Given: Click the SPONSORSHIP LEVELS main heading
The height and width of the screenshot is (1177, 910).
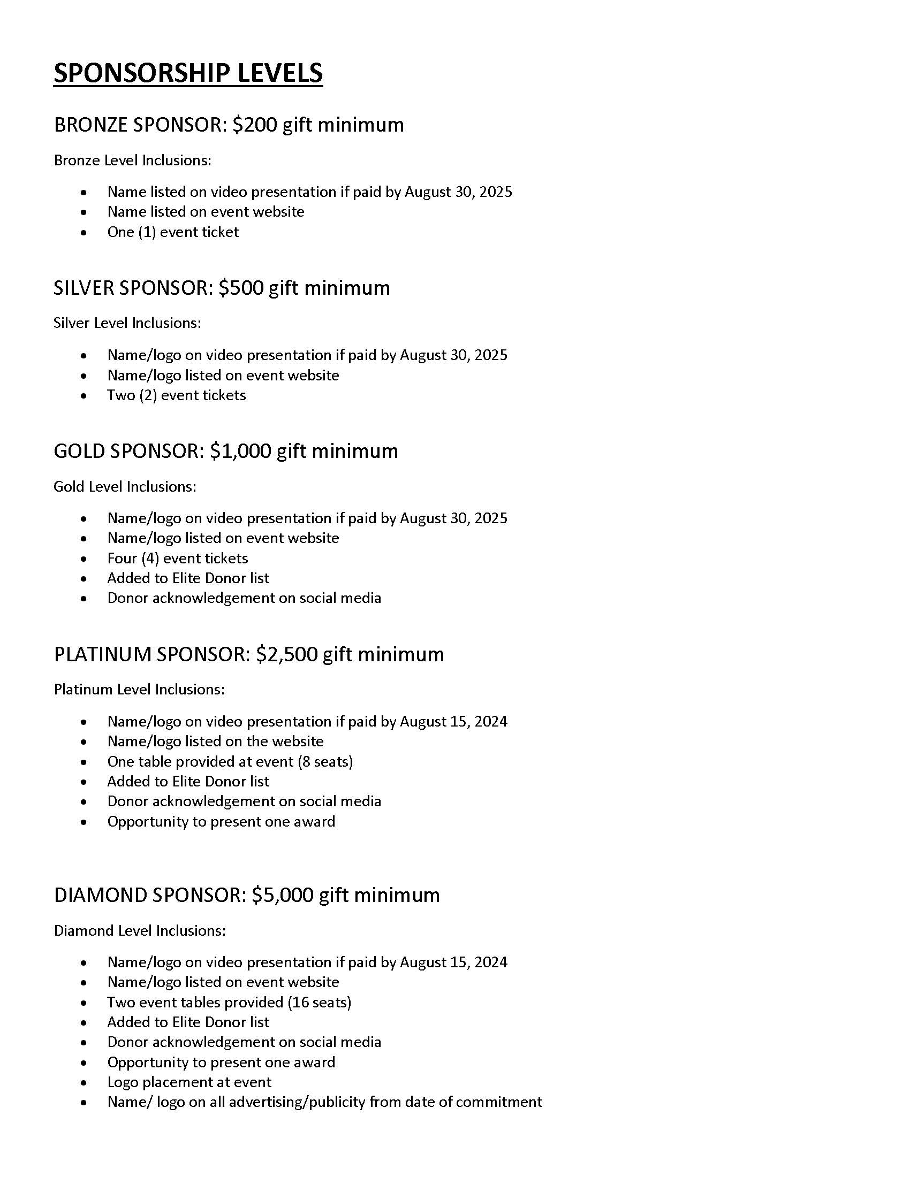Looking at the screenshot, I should point(188,73).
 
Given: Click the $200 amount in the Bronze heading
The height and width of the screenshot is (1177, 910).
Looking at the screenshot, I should point(254,125).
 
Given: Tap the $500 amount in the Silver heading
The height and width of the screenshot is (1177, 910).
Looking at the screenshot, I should point(241,288).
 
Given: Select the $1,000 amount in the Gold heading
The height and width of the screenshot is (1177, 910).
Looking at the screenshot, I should point(240,451).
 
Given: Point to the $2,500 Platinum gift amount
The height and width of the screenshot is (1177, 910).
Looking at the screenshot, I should point(286,654).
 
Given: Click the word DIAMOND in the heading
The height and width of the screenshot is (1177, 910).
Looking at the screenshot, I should point(100,895).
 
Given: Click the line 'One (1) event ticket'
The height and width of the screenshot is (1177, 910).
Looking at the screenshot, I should point(172,232).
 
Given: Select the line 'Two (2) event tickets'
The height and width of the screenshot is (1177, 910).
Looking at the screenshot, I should point(176,395).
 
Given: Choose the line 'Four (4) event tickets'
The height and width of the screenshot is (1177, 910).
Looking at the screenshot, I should point(177,559).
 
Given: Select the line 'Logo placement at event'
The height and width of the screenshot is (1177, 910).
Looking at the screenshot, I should point(189,1082).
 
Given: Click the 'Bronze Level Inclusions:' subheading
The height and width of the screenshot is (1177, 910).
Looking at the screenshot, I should point(132,160).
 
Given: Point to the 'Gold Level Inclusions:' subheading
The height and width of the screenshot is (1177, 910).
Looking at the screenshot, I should point(125,487).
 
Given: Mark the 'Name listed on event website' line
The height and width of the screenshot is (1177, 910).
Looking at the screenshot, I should point(206,211).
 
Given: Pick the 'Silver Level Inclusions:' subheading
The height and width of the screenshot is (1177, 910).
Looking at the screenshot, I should point(127,323).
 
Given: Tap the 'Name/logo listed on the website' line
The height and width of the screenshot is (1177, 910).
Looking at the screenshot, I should point(215,742).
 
